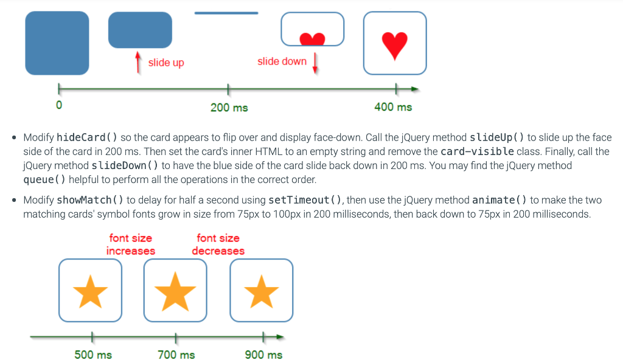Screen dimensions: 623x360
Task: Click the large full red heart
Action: tap(395, 45)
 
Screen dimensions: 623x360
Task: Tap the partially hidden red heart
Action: tap(313, 39)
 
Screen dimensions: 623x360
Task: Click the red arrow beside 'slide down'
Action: tap(315, 63)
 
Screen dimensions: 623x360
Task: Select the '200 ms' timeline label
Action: tap(229, 108)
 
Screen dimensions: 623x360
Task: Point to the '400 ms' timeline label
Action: tap(393, 107)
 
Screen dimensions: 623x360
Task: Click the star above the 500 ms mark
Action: tap(91, 291)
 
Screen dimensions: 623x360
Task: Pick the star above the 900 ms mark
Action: tap(262, 291)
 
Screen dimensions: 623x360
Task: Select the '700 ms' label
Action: tap(176, 355)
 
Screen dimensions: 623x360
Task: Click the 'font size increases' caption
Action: tap(131, 244)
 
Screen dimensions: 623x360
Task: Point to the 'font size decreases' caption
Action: tap(218, 244)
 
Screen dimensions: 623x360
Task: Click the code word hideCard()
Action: tap(87, 138)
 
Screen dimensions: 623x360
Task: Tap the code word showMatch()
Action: tap(90, 200)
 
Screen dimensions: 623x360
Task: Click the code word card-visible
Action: tap(477, 151)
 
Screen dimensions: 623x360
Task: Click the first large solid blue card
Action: tap(57, 43)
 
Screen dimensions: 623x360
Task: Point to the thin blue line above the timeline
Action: tap(226, 13)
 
